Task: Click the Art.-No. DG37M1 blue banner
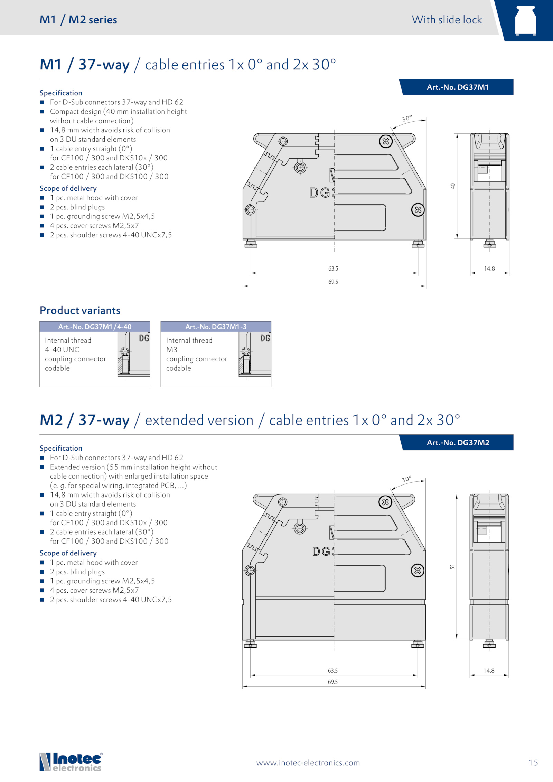pos(456,87)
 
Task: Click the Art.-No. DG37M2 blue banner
pos(456,442)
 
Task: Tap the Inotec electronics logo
pos(71,762)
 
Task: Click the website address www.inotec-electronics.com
pos(308,763)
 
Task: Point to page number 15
pos(533,763)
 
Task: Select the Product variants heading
pos(80,310)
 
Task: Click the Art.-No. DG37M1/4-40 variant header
pos(95,327)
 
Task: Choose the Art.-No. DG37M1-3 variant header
pos(216,327)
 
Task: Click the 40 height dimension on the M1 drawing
pos(453,186)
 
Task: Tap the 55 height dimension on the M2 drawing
pos(452,567)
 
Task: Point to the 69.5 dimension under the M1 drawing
pos(333,282)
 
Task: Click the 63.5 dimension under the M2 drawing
pos(333,670)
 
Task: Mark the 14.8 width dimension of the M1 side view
pos(489,268)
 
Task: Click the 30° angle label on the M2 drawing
pos(407,479)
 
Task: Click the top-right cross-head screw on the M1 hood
pos(386,141)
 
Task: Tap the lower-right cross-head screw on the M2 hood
pos(418,570)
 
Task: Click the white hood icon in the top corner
pos(526,20)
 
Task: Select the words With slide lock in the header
pos(447,20)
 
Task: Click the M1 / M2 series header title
pos(78,20)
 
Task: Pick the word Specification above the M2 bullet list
pos(61,448)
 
